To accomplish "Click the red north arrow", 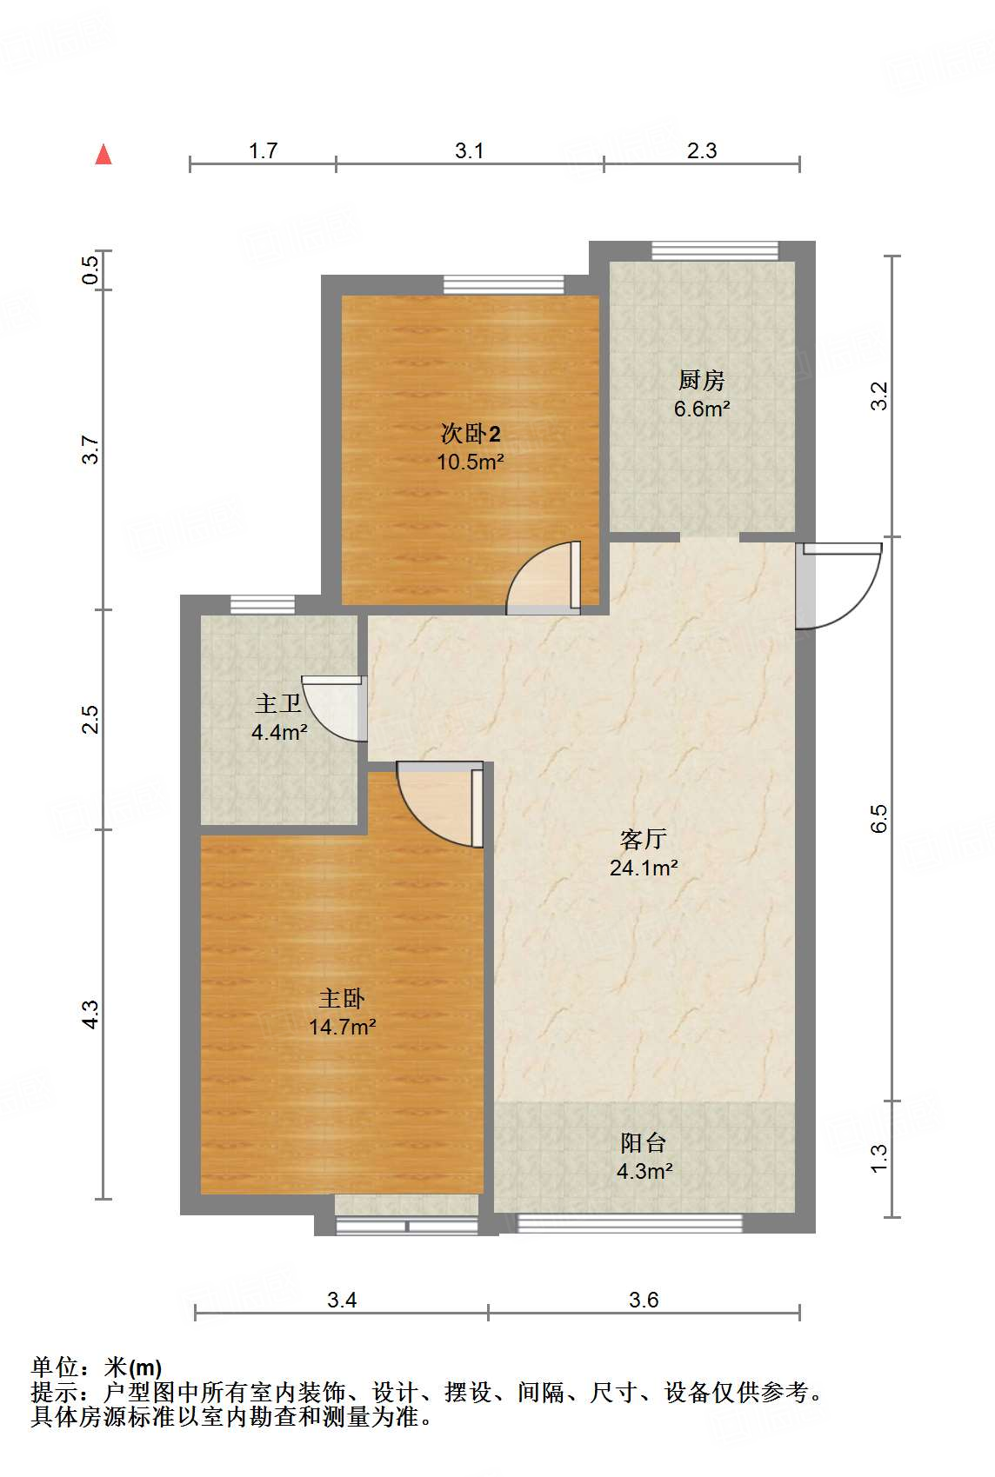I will (104, 155).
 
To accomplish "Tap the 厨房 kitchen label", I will (701, 380).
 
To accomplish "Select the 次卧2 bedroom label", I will (470, 433).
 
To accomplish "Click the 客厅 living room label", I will (644, 839).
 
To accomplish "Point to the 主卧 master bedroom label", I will (342, 998).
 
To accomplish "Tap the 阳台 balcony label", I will (644, 1142).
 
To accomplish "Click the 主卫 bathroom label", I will (277, 703).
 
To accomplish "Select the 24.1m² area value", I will (644, 868).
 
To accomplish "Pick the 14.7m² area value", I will (342, 1027).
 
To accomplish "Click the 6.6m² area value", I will (701, 409).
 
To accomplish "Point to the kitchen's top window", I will (715, 250).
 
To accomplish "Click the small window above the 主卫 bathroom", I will (263, 604).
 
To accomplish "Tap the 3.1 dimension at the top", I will (469, 150).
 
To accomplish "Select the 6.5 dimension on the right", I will (878, 818).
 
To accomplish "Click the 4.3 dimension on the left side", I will (90, 1015).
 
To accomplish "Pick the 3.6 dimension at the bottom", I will (644, 1300).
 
